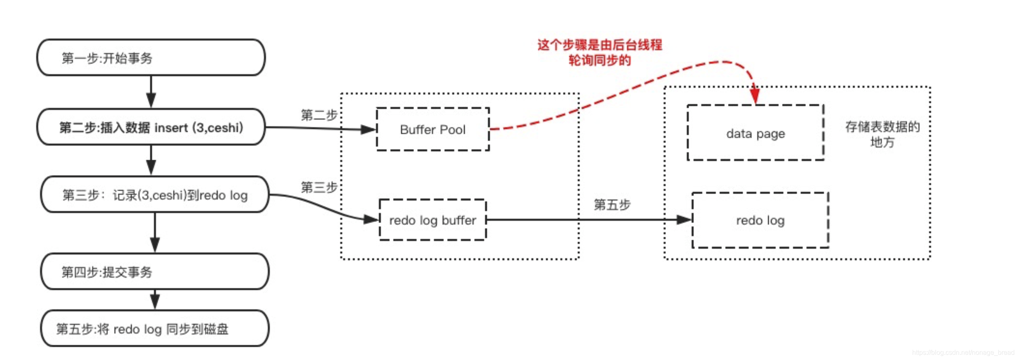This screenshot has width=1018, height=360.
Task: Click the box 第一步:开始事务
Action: [151, 58]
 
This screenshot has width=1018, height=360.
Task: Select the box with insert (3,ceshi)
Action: [151, 127]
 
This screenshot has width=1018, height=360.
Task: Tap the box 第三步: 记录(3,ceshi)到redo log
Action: [155, 195]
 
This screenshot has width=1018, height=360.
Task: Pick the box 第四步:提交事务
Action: [155, 271]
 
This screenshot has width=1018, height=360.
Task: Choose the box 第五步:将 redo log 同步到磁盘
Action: [155, 329]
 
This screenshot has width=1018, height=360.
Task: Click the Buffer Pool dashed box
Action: [432, 129]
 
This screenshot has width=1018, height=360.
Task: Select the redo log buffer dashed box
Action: [432, 220]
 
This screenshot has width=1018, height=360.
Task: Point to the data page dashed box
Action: [755, 133]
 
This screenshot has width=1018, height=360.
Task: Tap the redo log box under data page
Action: [760, 220]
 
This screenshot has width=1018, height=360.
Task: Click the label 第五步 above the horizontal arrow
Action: [612, 204]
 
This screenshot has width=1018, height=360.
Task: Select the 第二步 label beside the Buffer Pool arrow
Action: [319, 115]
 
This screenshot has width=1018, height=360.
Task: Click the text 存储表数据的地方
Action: [882, 134]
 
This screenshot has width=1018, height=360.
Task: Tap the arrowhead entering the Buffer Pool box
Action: [368, 129]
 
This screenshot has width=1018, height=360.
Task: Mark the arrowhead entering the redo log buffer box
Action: [371, 220]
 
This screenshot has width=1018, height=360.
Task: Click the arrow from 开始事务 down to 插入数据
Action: [151, 92]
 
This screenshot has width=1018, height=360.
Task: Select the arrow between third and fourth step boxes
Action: [155, 233]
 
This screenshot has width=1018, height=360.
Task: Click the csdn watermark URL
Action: [963, 352]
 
